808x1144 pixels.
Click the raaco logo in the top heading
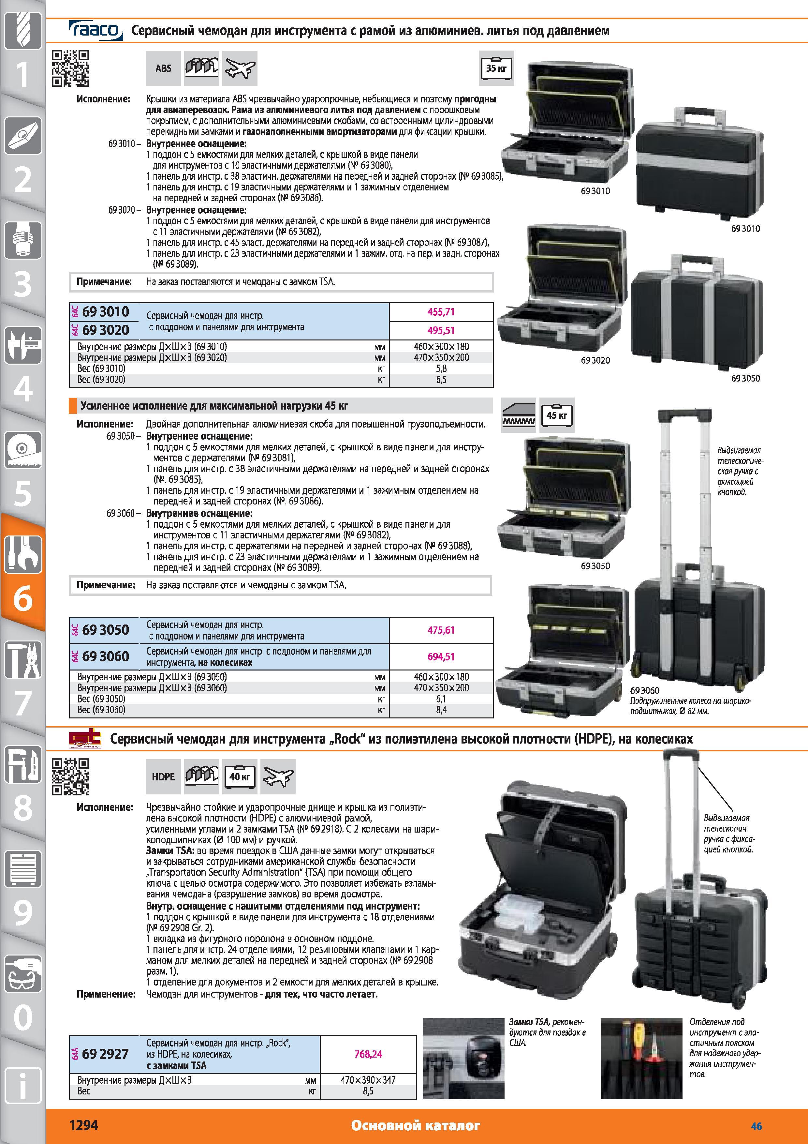(x=95, y=30)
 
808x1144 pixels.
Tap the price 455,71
(x=441, y=312)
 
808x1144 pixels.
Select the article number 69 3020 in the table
(x=106, y=330)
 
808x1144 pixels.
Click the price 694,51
(x=441, y=657)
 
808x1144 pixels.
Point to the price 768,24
(x=368, y=1054)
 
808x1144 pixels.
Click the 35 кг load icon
(x=496, y=68)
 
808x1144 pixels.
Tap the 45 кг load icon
(x=557, y=414)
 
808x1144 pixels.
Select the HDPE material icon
(x=163, y=776)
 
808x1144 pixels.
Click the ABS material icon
(x=163, y=68)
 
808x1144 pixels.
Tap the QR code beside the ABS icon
(x=71, y=68)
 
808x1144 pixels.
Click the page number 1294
(x=84, y=1125)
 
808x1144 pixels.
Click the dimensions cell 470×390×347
(x=368, y=1080)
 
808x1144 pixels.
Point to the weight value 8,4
(x=441, y=710)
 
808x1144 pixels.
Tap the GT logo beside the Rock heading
(x=85, y=739)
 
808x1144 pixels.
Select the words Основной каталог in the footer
(x=415, y=1125)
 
